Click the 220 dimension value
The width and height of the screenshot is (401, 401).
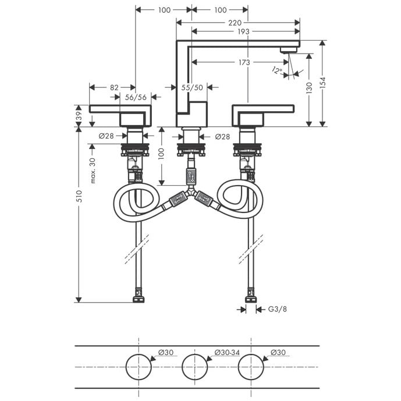pos(235,23)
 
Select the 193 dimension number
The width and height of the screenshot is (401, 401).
pos(243,31)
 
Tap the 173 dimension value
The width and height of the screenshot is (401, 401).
pos(244,62)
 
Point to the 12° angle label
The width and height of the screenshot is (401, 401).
pos(276,70)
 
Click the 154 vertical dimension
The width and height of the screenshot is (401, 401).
pos(323,83)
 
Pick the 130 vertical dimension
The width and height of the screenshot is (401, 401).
pos(309,88)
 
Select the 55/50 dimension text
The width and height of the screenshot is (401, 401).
pos(192,88)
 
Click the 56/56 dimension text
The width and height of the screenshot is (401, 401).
pos(136,97)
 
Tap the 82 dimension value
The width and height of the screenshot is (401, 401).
pos(114,88)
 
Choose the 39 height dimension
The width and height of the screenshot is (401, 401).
pos(79,116)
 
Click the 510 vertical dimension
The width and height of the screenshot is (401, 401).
pos(79,196)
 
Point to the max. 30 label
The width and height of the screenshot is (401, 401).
pos(93,171)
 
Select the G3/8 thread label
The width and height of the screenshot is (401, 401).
pos(277,309)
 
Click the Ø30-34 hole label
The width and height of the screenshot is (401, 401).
pos(227,353)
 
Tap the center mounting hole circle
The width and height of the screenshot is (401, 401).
pos(194,367)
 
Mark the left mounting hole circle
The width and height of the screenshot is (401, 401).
pos(139,367)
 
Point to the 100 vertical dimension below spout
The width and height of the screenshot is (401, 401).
pos(161,154)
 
